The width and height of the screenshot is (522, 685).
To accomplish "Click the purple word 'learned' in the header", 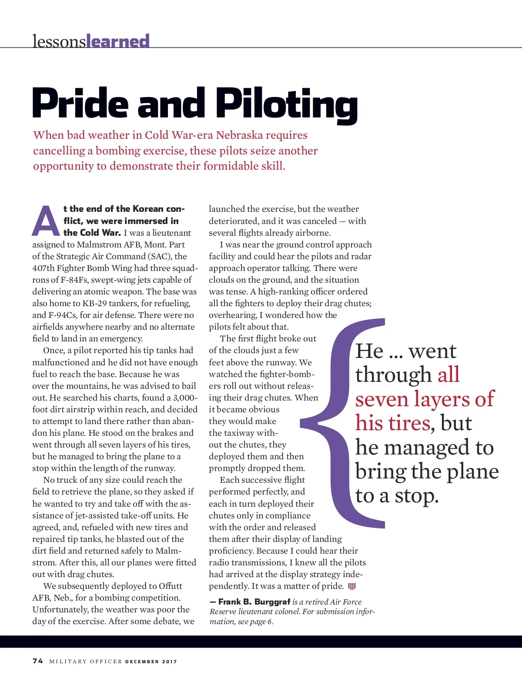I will [118, 41].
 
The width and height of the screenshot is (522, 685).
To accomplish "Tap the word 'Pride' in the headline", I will [80, 104].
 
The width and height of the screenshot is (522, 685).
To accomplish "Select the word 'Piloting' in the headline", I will [287, 104].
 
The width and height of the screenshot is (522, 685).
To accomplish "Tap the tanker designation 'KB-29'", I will [94, 303].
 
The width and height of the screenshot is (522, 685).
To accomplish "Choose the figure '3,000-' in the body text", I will [185, 398].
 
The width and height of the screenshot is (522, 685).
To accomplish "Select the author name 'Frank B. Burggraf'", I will [254, 602].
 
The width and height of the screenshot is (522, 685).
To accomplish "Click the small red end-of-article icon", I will [352, 586].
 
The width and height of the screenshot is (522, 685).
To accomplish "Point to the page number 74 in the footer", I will [38, 661].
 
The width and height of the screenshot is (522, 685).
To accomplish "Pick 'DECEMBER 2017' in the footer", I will [151, 662].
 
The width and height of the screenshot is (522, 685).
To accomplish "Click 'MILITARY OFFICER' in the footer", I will [86, 662].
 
